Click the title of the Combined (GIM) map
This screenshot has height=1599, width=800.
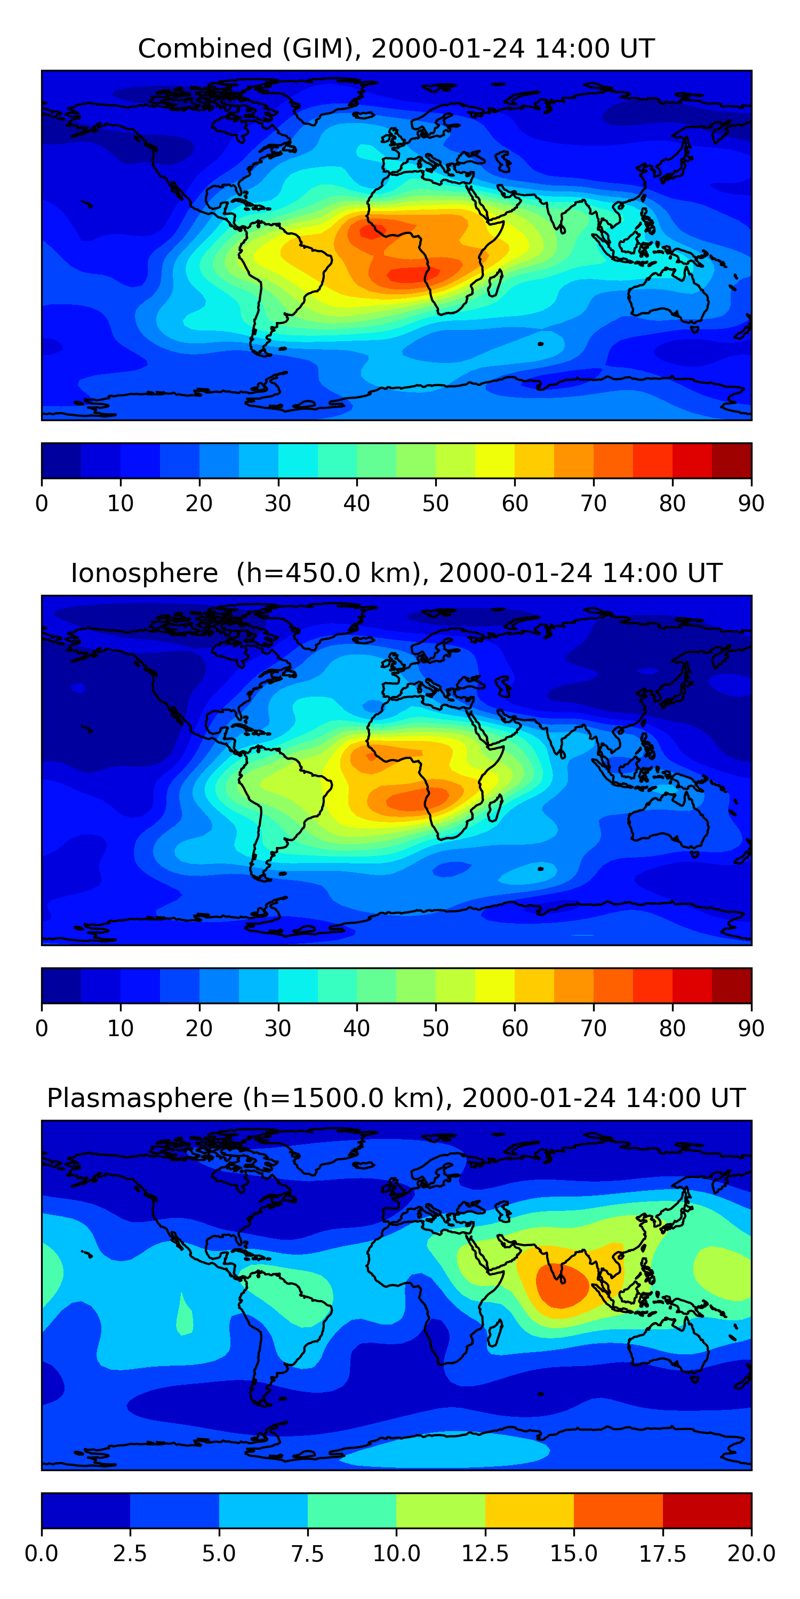396,49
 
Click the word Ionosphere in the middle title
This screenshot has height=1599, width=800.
144,573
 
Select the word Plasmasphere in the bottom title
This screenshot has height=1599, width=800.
140,1098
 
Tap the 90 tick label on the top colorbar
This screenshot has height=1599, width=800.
751,503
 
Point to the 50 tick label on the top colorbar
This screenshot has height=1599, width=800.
435,503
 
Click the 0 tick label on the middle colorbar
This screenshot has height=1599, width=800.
42,1028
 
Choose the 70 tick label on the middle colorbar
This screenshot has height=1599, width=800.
593,1028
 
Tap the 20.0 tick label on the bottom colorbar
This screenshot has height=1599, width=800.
751,1554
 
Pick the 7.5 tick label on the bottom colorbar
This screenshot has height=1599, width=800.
307,1554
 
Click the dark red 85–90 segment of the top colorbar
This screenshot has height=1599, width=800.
731,461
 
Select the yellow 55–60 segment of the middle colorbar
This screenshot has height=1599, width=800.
494,985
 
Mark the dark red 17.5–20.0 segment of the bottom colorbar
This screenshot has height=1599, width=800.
707,1510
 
